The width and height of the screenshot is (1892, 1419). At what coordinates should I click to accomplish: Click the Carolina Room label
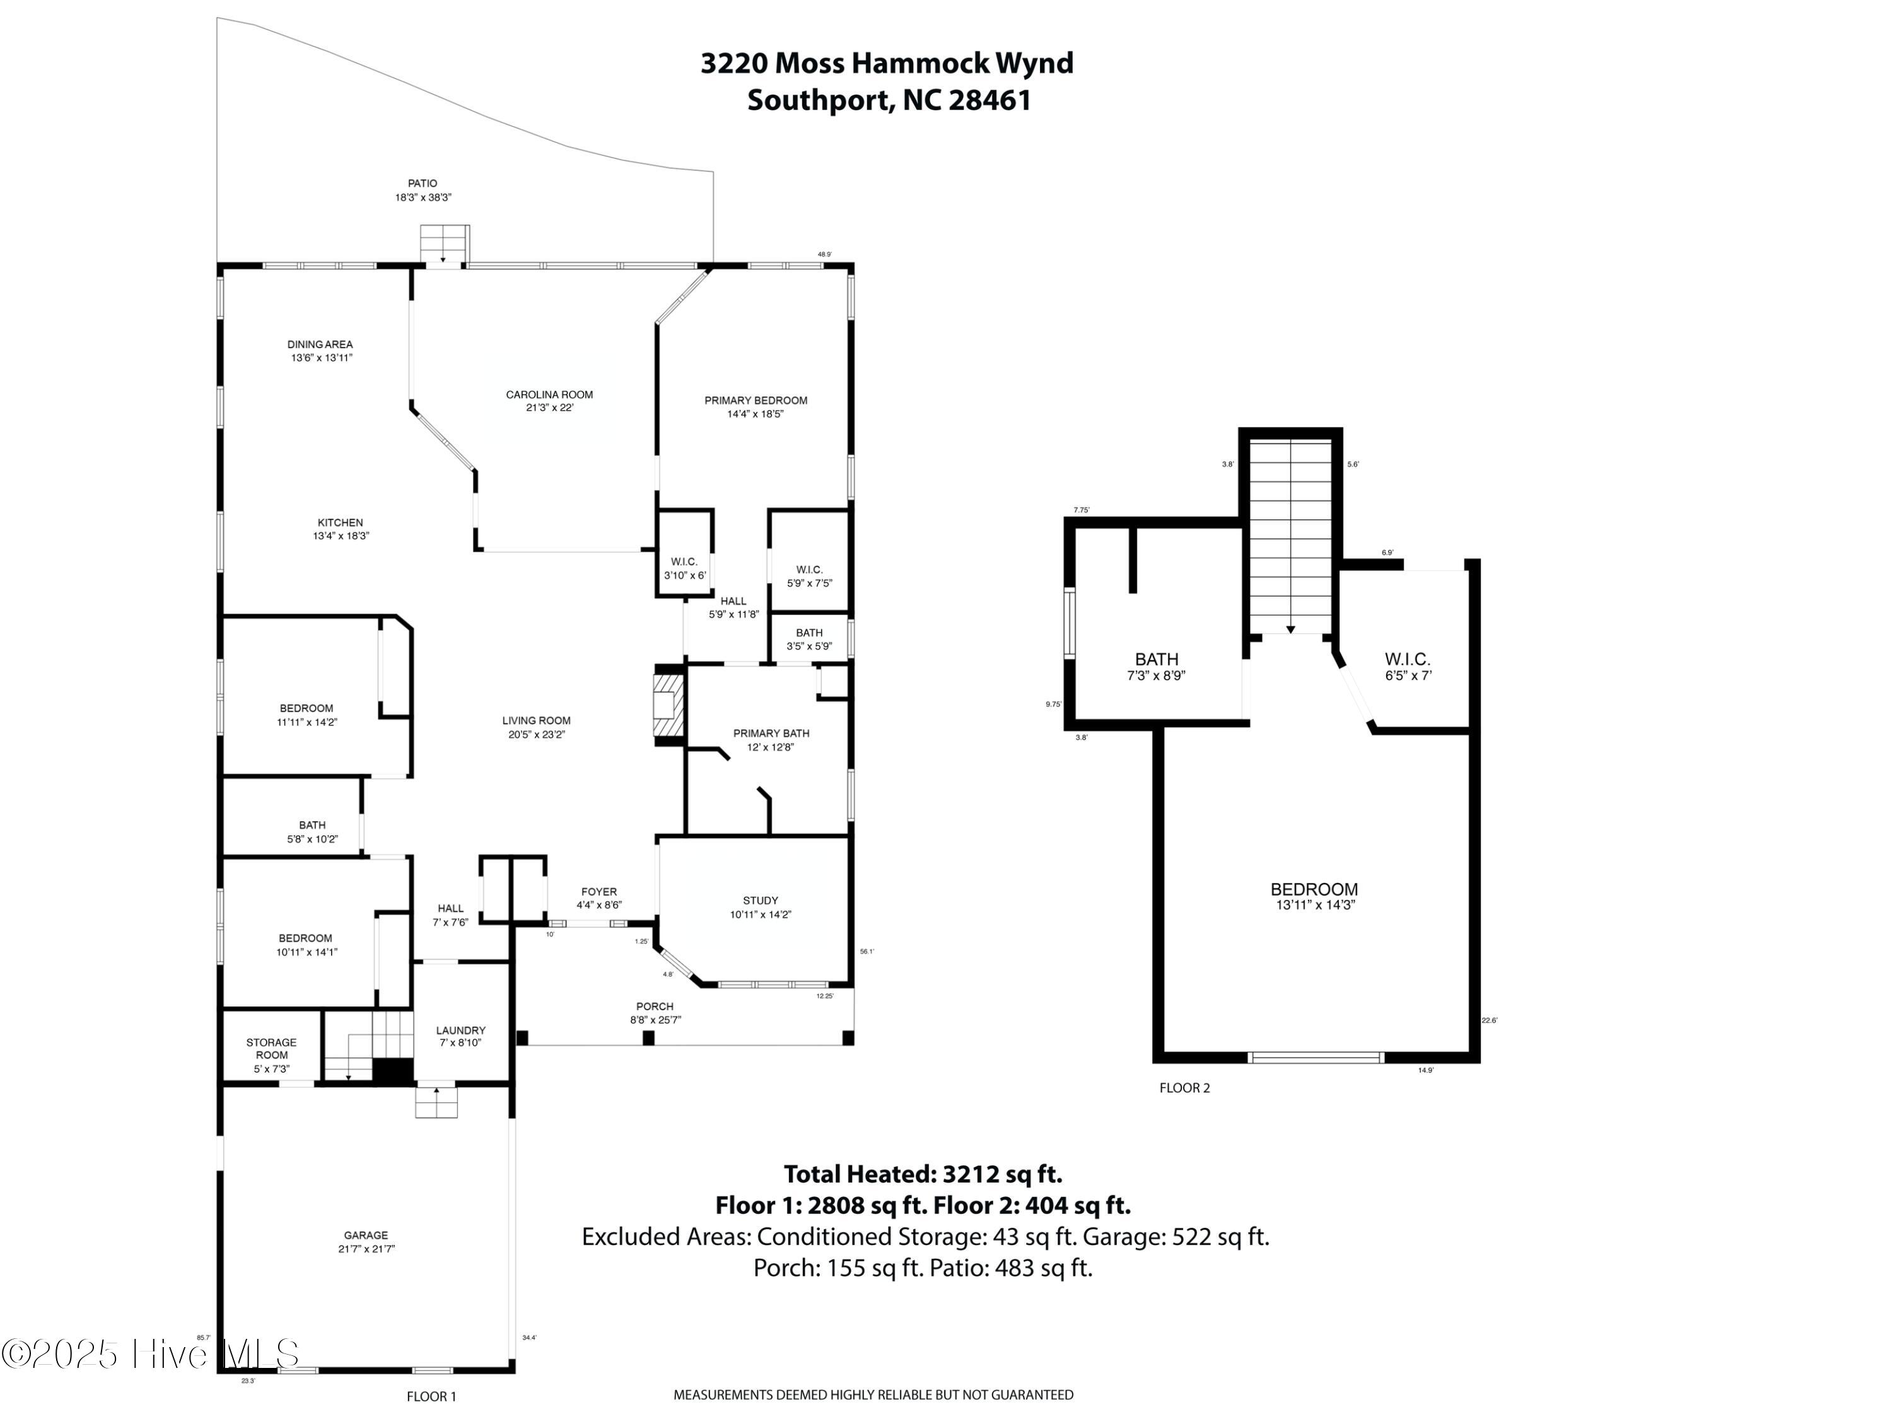point(549,394)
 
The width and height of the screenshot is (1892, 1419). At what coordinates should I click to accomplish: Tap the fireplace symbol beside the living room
point(669,705)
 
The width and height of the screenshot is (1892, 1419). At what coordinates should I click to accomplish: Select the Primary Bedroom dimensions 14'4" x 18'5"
point(756,414)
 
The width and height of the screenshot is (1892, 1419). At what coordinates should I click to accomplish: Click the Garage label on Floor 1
point(366,1235)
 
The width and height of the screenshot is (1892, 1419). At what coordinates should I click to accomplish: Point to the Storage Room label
point(271,1049)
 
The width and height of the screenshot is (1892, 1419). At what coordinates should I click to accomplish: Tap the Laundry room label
point(460,1031)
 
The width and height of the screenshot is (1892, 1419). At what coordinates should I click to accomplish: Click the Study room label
point(761,901)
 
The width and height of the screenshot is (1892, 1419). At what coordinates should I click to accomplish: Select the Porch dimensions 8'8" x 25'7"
point(655,1020)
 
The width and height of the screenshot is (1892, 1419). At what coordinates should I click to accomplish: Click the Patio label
point(423,183)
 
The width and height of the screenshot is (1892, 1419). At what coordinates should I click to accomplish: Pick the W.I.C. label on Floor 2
point(1407,660)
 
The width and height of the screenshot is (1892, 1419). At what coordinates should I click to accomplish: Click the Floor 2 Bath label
point(1157,660)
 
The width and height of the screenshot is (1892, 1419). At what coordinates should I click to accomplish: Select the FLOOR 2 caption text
point(1184,1088)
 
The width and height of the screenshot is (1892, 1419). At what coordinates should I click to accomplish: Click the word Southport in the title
point(819,100)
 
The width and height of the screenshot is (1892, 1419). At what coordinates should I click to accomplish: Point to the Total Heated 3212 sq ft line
point(923,1174)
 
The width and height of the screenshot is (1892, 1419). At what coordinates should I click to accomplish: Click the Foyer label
point(599,891)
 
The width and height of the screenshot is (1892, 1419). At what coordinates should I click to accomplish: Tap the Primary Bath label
point(771,733)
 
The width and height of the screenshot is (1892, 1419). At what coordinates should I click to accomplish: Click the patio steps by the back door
point(445,245)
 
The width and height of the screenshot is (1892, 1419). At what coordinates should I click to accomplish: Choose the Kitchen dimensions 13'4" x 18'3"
point(341,536)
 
